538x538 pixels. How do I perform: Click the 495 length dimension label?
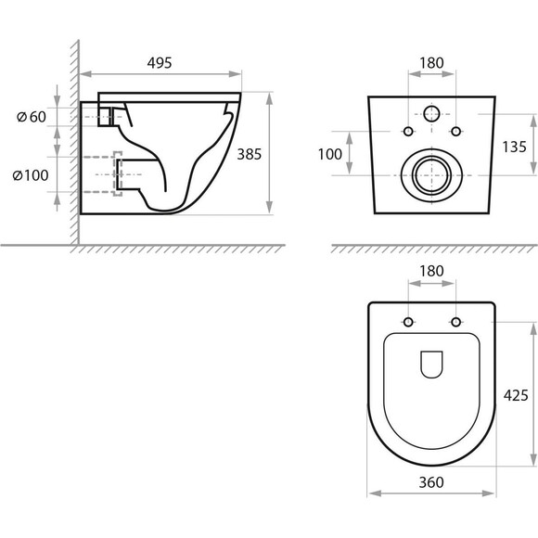coord(160,63)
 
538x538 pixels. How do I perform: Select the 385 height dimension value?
coord(250,154)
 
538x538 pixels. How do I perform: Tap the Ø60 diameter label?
coord(32,117)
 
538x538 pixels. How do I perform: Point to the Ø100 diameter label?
coord(31,175)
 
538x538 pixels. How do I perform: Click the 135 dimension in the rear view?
coord(514,147)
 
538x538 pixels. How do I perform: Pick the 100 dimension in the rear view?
coord(330,154)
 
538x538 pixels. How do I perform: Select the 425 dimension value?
coord(516,395)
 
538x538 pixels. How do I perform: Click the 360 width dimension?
coord(431,482)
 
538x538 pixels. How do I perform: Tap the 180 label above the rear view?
coord(431,63)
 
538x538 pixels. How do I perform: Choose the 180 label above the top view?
coord(431,272)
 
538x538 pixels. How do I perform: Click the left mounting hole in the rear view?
coord(408,131)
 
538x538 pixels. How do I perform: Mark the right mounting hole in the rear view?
coord(456,131)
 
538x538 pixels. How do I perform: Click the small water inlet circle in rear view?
coord(431,114)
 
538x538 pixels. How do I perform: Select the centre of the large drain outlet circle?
coord(431,175)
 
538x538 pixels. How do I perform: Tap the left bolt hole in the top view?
coord(408,322)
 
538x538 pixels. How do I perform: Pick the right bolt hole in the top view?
coord(456,322)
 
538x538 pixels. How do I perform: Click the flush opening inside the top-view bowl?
coord(431,365)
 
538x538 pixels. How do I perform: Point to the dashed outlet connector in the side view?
coord(118,174)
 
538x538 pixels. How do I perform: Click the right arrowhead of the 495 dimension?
coord(235,74)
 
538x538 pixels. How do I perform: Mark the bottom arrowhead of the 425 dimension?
coord(533,459)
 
